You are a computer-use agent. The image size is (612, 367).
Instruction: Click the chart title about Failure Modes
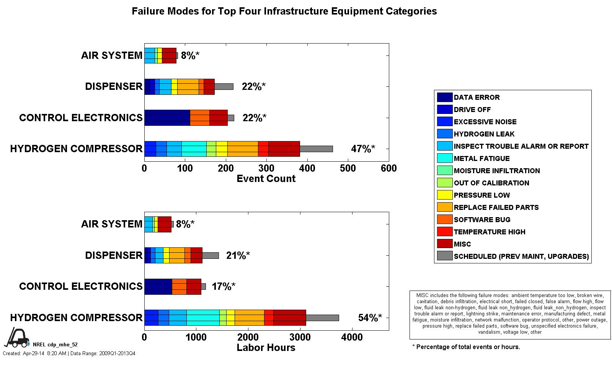click(x=284, y=11)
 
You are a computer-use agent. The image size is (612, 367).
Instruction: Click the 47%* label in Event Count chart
click(x=363, y=149)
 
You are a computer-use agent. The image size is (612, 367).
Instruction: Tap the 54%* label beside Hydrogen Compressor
click(x=370, y=318)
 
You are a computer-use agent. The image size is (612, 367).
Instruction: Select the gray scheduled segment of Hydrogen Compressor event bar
click(x=316, y=149)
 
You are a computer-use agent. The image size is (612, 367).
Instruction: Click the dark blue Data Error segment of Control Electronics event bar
click(x=167, y=118)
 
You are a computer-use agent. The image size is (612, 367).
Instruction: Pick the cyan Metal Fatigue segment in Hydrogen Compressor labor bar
click(x=203, y=318)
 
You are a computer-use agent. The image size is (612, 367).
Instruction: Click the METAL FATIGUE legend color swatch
click(x=444, y=158)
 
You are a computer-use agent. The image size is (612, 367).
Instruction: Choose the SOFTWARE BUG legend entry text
click(x=482, y=219)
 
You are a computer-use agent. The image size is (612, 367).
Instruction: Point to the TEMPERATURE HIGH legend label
click(x=490, y=232)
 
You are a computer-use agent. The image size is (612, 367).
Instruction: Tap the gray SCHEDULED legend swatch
click(x=444, y=256)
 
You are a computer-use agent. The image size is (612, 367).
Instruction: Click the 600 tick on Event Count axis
click(x=389, y=168)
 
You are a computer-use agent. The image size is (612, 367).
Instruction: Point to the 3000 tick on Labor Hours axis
click(x=300, y=337)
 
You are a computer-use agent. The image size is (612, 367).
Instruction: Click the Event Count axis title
click(x=266, y=179)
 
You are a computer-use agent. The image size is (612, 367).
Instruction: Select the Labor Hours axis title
click(x=266, y=347)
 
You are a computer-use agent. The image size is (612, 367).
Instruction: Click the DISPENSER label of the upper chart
click(x=114, y=86)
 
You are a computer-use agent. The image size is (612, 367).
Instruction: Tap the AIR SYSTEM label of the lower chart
click(x=111, y=224)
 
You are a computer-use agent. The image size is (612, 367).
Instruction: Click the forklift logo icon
click(x=16, y=337)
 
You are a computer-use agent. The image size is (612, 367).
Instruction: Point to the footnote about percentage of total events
click(x=466, y=347)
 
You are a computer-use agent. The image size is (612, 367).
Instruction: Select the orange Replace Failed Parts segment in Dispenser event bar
click(x=188, y=86)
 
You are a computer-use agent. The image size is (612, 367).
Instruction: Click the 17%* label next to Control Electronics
click(x=224, y=286)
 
